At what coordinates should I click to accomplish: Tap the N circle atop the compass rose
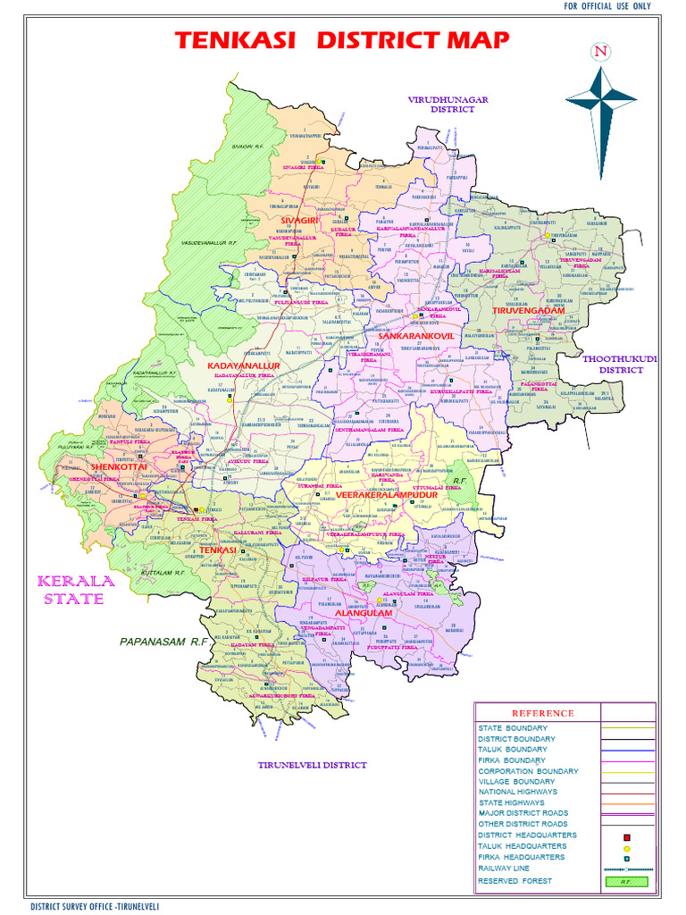point(599,52)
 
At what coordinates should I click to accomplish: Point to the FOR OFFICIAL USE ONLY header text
point(607,6)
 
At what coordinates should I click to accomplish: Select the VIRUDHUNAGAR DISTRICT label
point(448,105)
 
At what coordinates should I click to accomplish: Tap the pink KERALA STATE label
point(76,590)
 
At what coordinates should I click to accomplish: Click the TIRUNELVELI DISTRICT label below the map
point(312,765)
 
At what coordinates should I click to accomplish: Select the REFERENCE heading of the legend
point(542,713)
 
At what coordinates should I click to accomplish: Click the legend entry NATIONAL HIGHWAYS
point(517,792)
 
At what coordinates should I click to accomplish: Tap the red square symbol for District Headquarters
point(627,837)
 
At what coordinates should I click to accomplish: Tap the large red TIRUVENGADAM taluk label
point(529,310)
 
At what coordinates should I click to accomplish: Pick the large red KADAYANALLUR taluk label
point(244,366)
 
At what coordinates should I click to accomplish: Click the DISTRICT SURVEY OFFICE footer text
point(99,906)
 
